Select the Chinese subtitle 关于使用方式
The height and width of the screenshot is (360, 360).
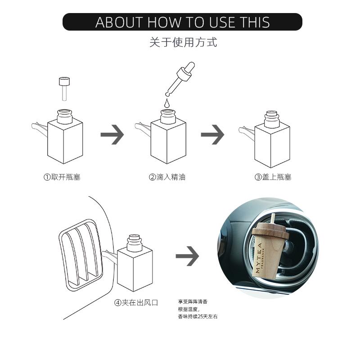tap(183, 42)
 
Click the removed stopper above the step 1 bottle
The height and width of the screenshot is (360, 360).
tap(64, 89)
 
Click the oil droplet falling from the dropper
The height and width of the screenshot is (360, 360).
tap(167, 103)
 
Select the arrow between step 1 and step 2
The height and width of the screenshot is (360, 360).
tap(112, 135)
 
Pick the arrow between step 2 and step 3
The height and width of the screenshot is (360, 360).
tap(212, 135)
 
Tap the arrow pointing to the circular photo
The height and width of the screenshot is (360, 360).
tap(187, 256)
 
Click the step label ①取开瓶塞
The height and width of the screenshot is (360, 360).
tap(62, 177)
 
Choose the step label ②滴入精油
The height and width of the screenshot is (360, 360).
tap(167, 177)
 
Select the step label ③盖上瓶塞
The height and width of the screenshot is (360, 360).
tap(273, 177)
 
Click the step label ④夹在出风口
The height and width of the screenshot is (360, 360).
tap(136, 302)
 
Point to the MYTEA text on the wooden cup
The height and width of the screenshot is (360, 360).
tap(258, 258)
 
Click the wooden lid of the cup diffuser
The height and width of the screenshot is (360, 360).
tap(270, 230)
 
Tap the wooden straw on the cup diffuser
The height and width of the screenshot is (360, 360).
tap(273, 218)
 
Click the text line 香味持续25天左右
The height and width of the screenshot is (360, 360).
tap(198, 316)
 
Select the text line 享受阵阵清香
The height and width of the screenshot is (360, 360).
tap(193, 301)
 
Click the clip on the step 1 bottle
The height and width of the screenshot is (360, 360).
tap(40, 128)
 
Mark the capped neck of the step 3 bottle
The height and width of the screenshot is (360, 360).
tap(272, 120)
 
